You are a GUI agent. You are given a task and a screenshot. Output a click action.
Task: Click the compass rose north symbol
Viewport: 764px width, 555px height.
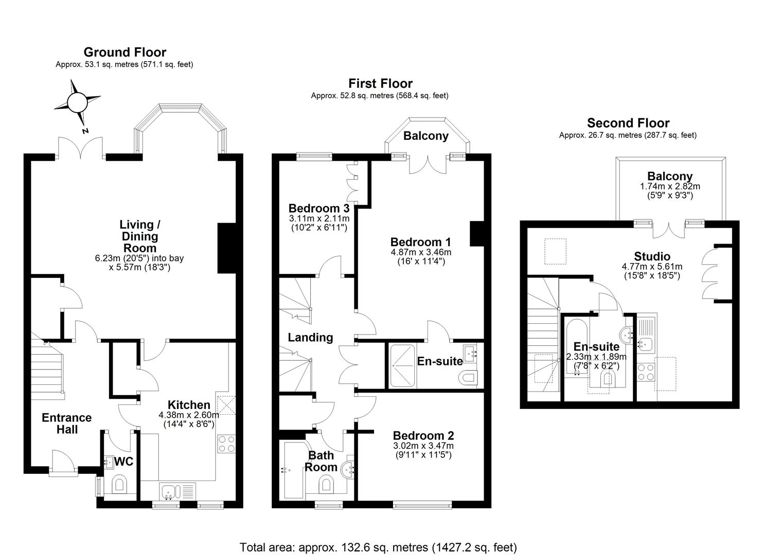pos(77,102)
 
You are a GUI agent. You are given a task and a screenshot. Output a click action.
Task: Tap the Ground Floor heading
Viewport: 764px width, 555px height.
pos(125,52)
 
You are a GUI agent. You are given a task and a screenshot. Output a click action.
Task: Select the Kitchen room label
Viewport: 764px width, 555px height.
pos(189,405)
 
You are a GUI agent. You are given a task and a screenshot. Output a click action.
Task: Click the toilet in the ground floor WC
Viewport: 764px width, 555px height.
pos(119,485)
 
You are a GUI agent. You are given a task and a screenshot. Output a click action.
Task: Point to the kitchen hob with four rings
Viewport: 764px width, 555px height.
pos(226,444)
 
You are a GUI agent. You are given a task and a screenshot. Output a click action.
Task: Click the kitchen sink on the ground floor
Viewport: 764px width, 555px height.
pos(177,492)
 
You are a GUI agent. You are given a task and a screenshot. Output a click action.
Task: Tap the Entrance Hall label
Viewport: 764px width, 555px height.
pos(67,423)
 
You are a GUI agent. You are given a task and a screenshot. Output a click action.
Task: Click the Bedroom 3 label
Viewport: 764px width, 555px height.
pos(319,208)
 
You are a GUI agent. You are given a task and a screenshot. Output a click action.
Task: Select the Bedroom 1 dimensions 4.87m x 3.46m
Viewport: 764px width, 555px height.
pos(421,252)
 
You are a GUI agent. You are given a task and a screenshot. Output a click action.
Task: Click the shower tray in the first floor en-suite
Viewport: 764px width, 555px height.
pos(402,366)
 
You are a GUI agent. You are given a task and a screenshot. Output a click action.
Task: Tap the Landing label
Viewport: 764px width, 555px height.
pos(310,337)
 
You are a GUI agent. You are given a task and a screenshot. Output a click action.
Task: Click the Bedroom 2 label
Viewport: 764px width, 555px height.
pos(423,435)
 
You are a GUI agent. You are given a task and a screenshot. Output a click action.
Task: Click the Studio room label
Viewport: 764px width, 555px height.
pos(652,256)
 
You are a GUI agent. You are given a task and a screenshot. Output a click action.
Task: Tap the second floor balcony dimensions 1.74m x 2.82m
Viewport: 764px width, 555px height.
pos(670,187)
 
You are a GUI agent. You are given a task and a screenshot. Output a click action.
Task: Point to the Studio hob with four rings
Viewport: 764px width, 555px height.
pos(646,373)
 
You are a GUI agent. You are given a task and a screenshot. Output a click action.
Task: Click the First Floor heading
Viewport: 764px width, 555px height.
pos(380,83)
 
